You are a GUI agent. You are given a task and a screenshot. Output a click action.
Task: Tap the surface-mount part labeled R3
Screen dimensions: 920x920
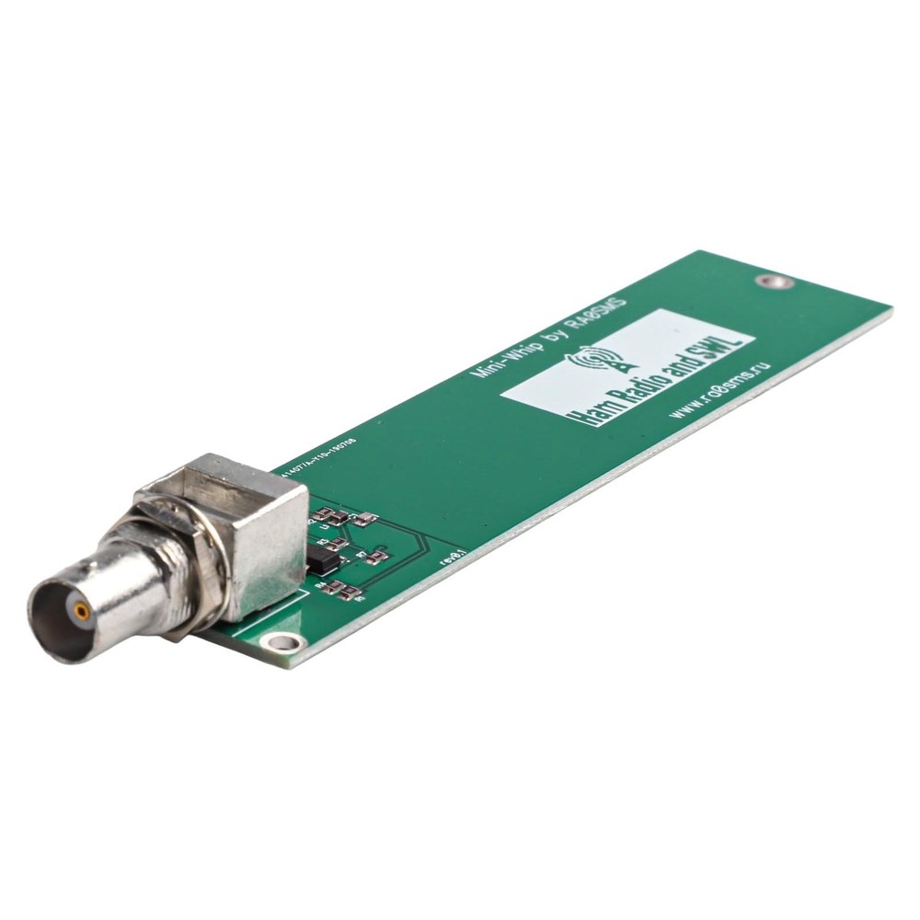(338, 545)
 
